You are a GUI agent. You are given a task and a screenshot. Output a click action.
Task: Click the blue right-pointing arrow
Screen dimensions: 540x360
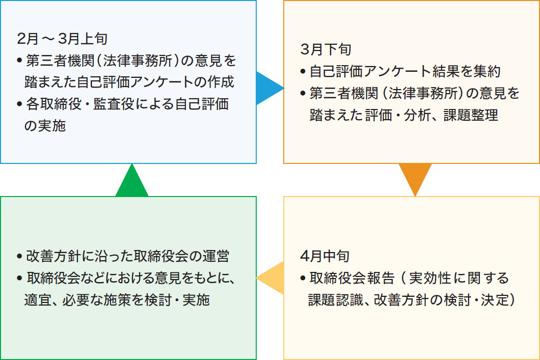pyautogui.click(x=268, y=88)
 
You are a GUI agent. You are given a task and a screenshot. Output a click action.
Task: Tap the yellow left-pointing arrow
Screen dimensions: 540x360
pyautogui.click(x=272, y=278)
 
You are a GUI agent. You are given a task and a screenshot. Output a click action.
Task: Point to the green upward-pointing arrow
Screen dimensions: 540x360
pyautogui.click(x=132, y=182)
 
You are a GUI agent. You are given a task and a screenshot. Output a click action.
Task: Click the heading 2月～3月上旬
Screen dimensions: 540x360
pyautogui.click(x=62, y=39)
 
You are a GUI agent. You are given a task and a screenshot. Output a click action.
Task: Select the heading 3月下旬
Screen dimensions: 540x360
pyautogui.click(x=326, y=49)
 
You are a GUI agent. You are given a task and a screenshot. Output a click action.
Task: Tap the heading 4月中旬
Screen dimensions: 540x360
pyautogui.click(x=325, y=256)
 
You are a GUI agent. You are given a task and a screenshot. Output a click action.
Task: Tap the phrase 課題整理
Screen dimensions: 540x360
pyautogui.click(x=470, y=115)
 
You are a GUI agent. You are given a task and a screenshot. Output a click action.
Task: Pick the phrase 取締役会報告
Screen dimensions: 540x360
pyautogui.click(x=352, y=278)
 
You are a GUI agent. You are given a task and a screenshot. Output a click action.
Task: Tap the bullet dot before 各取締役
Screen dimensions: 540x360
pyautogui.click(x=20, y=104)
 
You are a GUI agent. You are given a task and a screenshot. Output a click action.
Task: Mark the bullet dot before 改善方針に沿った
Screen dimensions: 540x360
pyautogui.click(x=20, y=257)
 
